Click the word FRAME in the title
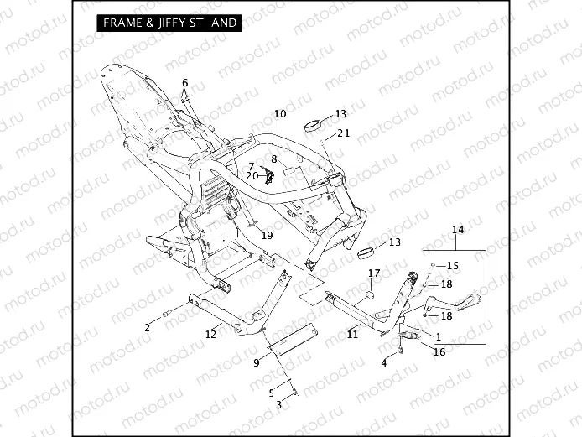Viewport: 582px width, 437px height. point(121,23)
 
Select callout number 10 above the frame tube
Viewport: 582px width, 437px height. point(279,113)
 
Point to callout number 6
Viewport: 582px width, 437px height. point(185,82)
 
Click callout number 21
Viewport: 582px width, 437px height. point(344,133)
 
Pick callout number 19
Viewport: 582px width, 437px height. point(267,236)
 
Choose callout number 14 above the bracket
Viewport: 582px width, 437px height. point(457,229)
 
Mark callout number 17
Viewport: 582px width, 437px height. point(374,273)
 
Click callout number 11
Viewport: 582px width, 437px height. point(353,334)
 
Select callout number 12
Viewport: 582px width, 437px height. point(211,334)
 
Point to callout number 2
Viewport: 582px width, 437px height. point(148,326)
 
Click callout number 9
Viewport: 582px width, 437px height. point(257,363)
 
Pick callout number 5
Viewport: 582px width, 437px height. point(271,392)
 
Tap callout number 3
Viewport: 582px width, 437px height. point(279,404)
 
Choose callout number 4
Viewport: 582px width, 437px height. point(384,362)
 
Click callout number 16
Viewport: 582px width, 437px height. point(439,352)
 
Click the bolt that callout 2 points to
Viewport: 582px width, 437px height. point(167,314)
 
